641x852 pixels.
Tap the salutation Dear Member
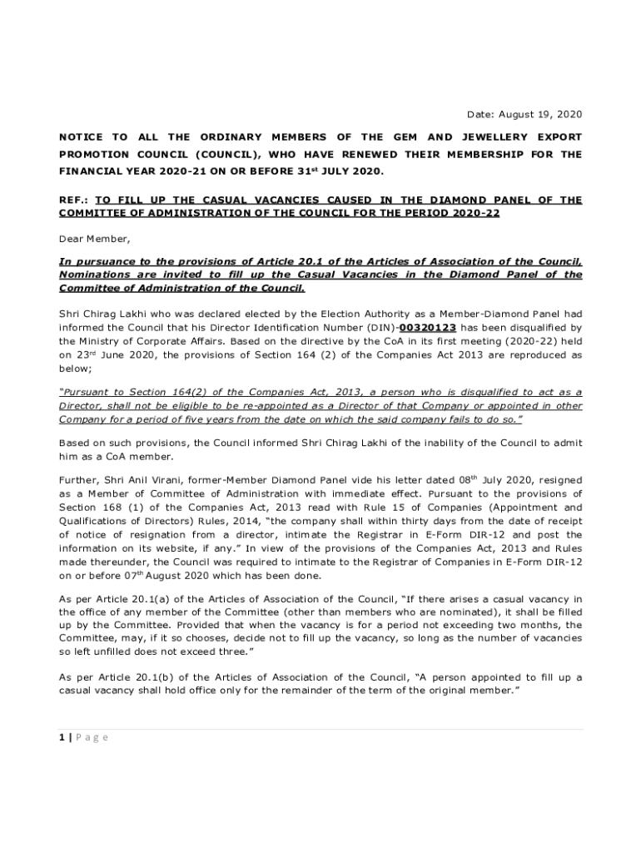pos(95,239)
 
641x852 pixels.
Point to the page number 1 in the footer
pos(62,736)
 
